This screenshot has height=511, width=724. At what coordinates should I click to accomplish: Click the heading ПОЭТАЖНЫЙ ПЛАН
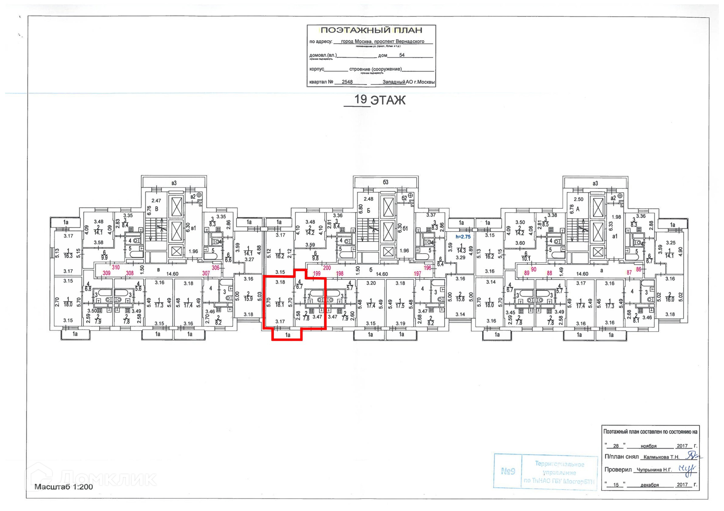point(371,30)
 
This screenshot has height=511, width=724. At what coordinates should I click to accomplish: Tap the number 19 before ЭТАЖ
point(360,99)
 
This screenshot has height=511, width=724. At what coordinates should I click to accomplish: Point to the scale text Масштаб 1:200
point(63,487)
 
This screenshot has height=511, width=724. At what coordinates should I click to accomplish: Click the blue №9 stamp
point(508,471)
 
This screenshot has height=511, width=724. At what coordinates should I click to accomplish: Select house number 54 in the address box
point(402,55)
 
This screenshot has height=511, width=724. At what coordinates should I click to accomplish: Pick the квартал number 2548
point(347,82)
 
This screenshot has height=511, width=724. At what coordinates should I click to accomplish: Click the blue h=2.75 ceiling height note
point(463,237)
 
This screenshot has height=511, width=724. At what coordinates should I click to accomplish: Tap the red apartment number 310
point(115,267)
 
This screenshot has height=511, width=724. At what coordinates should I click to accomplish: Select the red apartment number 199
point(317,274)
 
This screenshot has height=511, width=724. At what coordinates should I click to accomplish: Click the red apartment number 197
point(417,274)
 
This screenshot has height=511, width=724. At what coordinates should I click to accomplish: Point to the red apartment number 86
point(638,269)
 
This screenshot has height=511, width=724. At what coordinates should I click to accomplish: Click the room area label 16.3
point(68,255)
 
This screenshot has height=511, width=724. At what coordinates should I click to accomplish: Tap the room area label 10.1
point(526,259)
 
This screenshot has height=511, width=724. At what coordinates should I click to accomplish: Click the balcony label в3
point(174,183)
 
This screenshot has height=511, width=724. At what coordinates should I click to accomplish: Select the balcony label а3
point(595,184)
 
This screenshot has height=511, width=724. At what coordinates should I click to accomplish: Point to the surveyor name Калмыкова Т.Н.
point(661,457)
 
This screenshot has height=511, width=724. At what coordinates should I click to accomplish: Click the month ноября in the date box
point(649,446)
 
